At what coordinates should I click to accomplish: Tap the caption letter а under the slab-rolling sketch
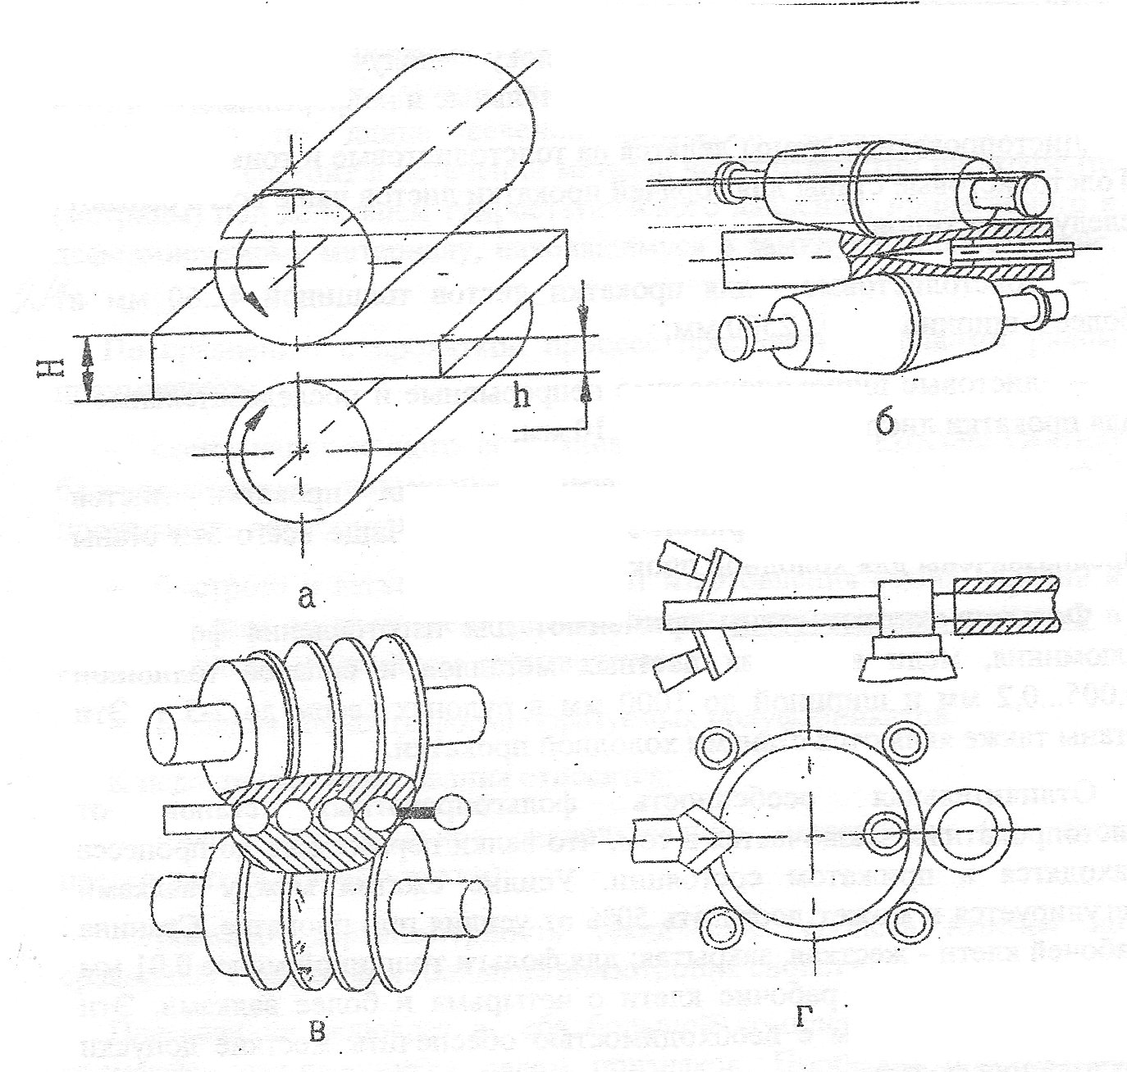coord(306,600)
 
